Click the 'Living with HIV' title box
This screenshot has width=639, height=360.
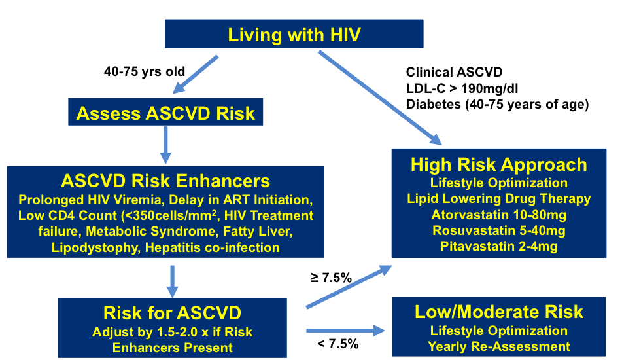pos(294,34)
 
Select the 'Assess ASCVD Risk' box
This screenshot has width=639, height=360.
pos(165,112)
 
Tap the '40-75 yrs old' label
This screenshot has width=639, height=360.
pos(145,72)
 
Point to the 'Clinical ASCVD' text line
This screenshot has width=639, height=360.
pos(454,72)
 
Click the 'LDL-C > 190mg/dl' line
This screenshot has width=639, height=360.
pos(462,88)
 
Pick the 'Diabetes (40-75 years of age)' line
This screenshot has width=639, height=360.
pos(497,104)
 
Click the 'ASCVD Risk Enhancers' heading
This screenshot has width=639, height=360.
pos(165,181)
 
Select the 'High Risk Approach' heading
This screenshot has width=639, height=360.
pos(499,165)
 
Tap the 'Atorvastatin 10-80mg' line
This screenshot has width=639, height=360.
pos(499,215)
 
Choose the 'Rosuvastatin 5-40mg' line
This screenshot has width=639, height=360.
pos(499,230)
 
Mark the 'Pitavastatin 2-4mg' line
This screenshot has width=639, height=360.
pos(499,246)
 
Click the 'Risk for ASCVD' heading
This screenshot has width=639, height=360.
pos(173,313)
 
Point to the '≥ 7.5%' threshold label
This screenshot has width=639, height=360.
pos(331,278)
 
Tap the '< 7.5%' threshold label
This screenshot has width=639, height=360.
pos(338,344)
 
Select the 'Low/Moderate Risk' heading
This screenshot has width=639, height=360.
pos(499,312)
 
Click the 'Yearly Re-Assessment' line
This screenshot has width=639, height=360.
pos(499,346)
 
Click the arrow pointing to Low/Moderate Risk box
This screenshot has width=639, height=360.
pos(345,331)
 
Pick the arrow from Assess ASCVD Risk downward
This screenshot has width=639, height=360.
pos(165,145)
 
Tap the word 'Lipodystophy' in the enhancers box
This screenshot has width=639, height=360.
pos(95,247)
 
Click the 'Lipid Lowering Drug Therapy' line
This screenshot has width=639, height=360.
pos(499,198)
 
